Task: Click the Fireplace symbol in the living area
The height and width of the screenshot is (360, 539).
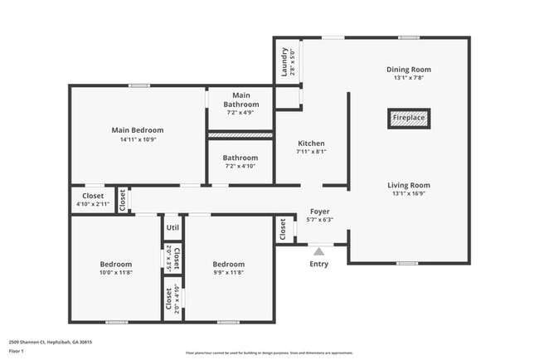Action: tap(409, 119)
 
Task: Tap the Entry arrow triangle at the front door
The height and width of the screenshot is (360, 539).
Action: tap(318, 247)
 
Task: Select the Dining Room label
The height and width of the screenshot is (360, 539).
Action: tap(409, 70)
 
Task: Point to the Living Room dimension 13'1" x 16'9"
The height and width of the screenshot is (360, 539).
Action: tap(409, 194)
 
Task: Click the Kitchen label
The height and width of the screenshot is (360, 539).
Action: tap(311, 144)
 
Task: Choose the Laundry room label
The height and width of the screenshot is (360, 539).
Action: tap(284, 62)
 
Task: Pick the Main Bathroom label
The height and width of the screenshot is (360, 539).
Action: tap(240, 100)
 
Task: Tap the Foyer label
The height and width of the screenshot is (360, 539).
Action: tap(320, 212)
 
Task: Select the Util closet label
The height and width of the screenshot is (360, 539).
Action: tap(172, 227)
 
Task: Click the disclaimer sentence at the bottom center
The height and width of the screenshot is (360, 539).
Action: tap(269, 352)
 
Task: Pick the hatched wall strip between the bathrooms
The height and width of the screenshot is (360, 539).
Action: tap(240, 134)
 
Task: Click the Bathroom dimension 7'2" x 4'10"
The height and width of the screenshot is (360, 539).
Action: tap(240, 166)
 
